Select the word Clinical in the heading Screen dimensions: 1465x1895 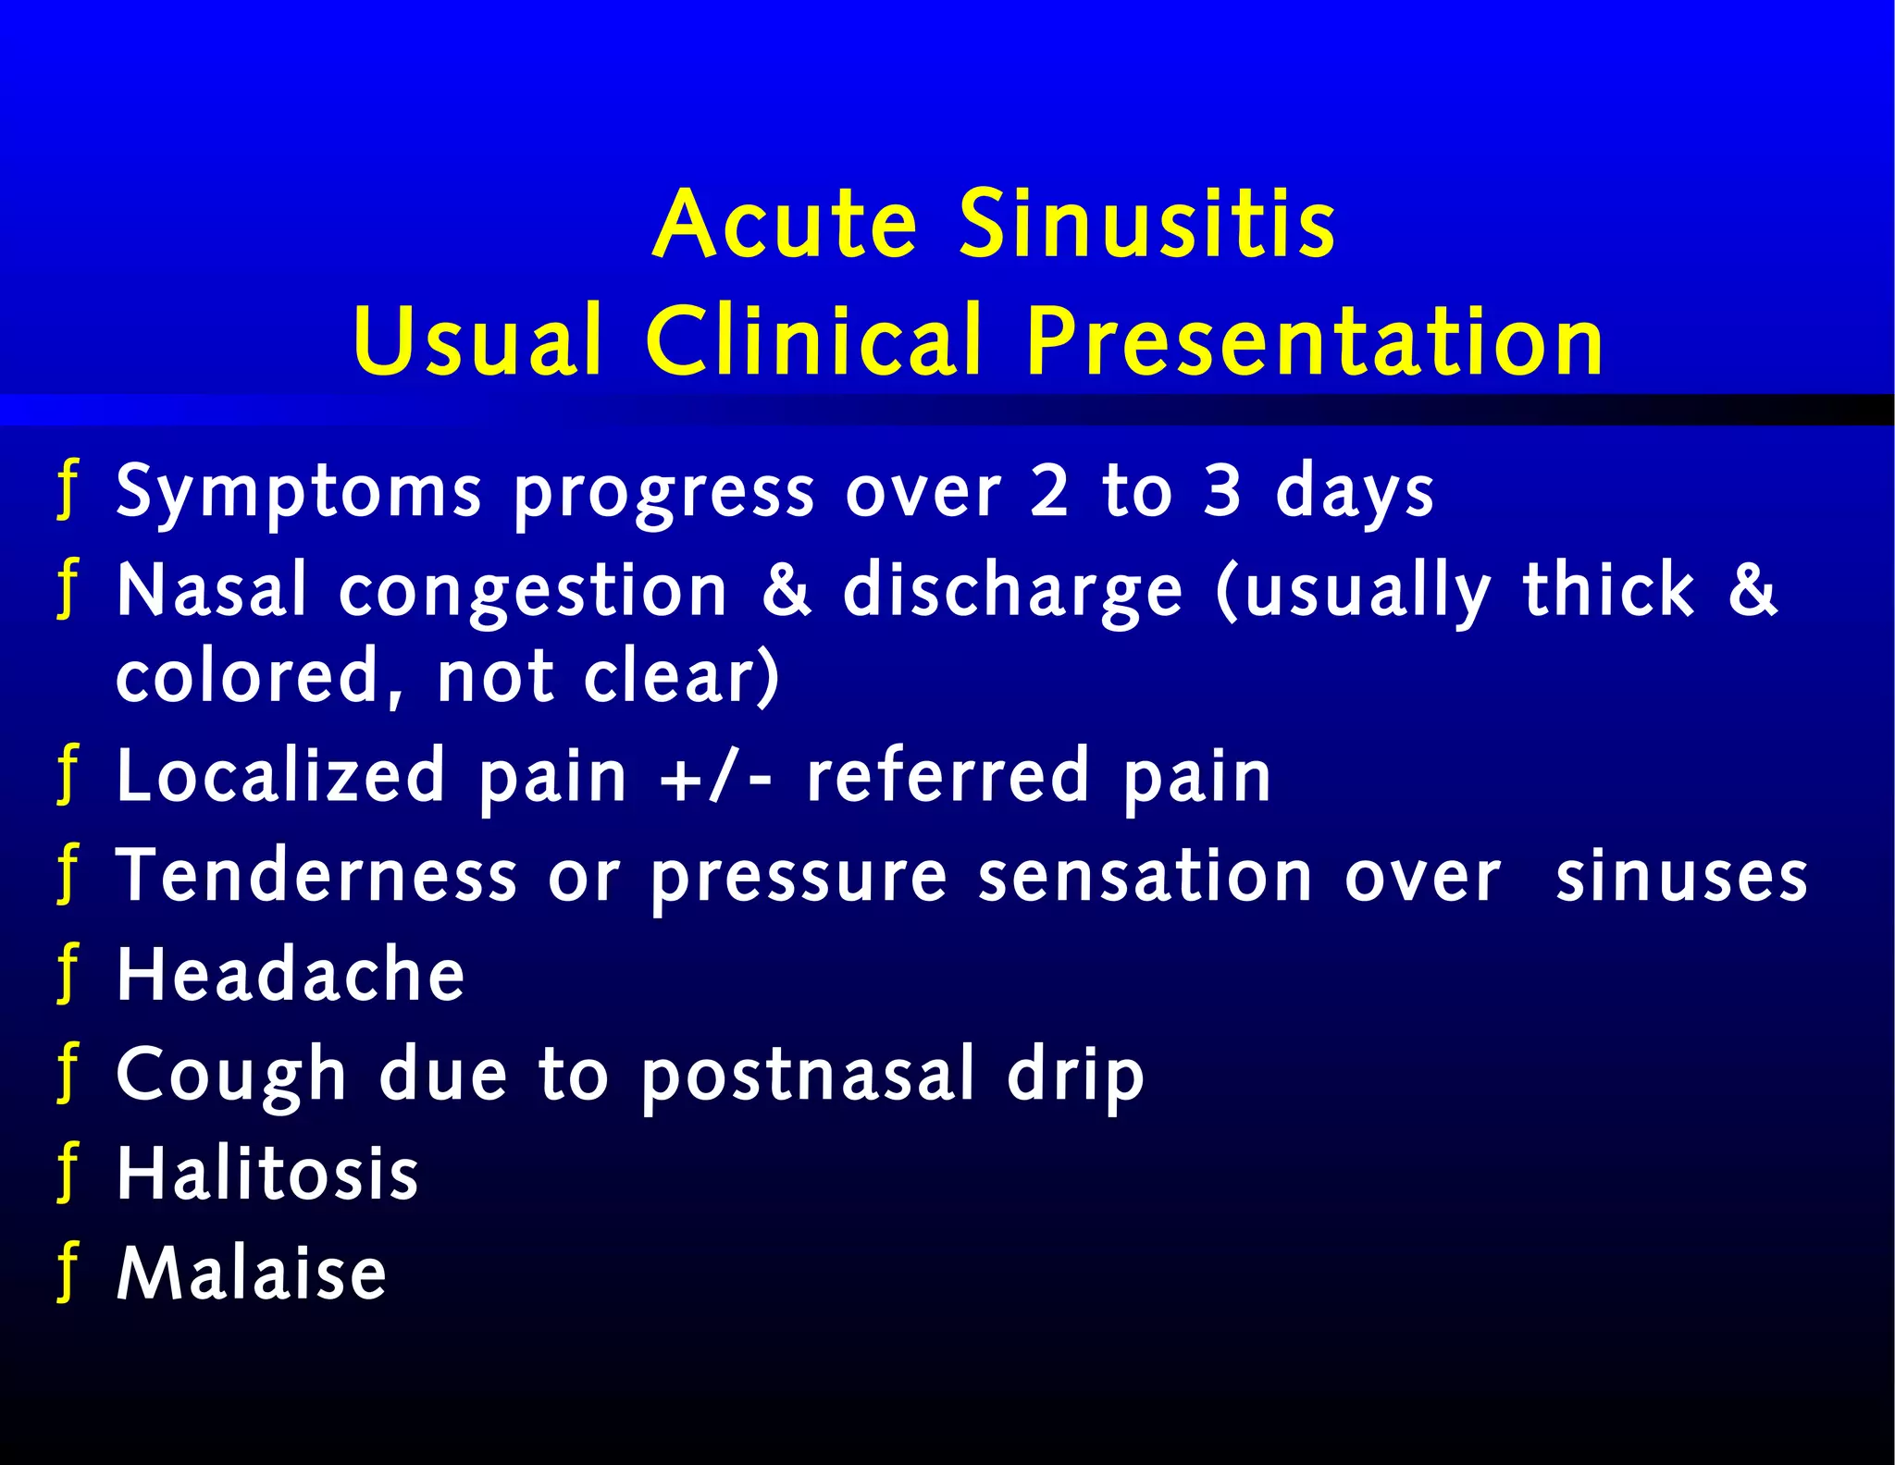tap(813, 341)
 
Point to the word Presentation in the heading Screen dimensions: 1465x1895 tap(1315, 341)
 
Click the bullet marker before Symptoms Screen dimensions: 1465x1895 tap(68, 491)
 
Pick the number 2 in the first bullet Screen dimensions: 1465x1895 tap(1049, 491)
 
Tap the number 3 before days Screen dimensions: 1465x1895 tap(1221, 491)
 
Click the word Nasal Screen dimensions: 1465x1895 tap(211, 591)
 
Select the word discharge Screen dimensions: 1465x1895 tap(1012, 593)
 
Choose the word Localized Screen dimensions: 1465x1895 tap(280, 776)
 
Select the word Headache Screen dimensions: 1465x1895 tap(290, 975)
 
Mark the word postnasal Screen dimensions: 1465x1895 tap(808, 1076)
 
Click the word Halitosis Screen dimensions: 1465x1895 tap(267, 1175)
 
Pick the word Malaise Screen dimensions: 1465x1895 tap(251, 1274)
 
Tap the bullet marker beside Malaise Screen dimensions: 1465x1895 tap(68, 1273)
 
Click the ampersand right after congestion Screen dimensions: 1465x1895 tap(787, 591)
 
